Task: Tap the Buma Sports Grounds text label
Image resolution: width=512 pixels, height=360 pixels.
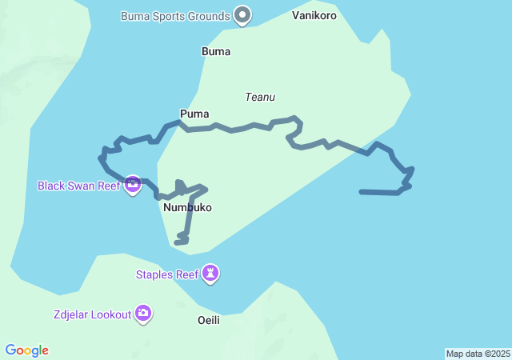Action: pos(175,16)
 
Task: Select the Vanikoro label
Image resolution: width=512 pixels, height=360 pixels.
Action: pos(314,16)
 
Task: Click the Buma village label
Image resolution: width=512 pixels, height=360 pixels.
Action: pos(216,52)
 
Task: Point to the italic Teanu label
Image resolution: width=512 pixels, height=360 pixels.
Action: pos(260,97)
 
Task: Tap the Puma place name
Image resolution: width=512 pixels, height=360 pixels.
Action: pos(194,114)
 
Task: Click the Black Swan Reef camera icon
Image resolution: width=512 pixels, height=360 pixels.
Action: pos(133,186)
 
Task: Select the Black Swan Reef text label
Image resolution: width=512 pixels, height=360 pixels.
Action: pos(78,186)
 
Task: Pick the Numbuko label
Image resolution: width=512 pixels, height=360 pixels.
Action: pos(187,207)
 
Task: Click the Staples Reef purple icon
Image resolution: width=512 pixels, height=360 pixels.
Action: pos(210,274)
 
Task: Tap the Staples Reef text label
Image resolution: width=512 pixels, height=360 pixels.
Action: pos(166,275)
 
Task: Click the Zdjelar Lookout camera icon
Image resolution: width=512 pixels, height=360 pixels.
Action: pos(143,314)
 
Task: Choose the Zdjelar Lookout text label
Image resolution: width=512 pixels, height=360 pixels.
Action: pos(92,314)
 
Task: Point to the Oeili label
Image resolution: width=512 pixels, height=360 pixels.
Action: pos(208,320)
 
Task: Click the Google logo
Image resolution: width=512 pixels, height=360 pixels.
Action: pos(26,350)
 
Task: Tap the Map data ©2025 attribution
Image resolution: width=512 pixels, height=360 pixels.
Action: pos(478,354)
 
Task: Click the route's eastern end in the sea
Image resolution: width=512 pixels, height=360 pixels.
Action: pos(362,192)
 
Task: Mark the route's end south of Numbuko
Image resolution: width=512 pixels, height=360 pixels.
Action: pos(177,242)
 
